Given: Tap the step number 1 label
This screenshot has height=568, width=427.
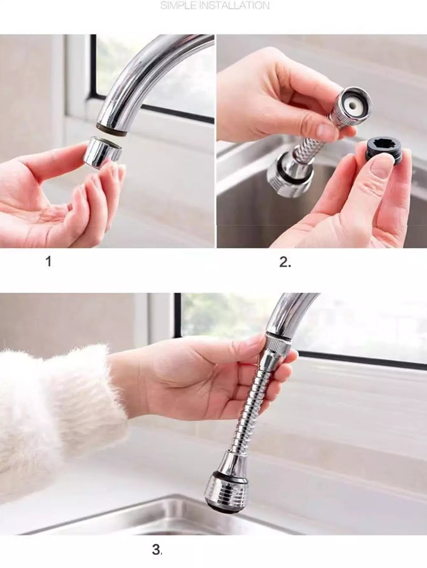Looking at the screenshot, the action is coord(48,262).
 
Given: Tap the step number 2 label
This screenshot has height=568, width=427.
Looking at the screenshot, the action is coord(285,262).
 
